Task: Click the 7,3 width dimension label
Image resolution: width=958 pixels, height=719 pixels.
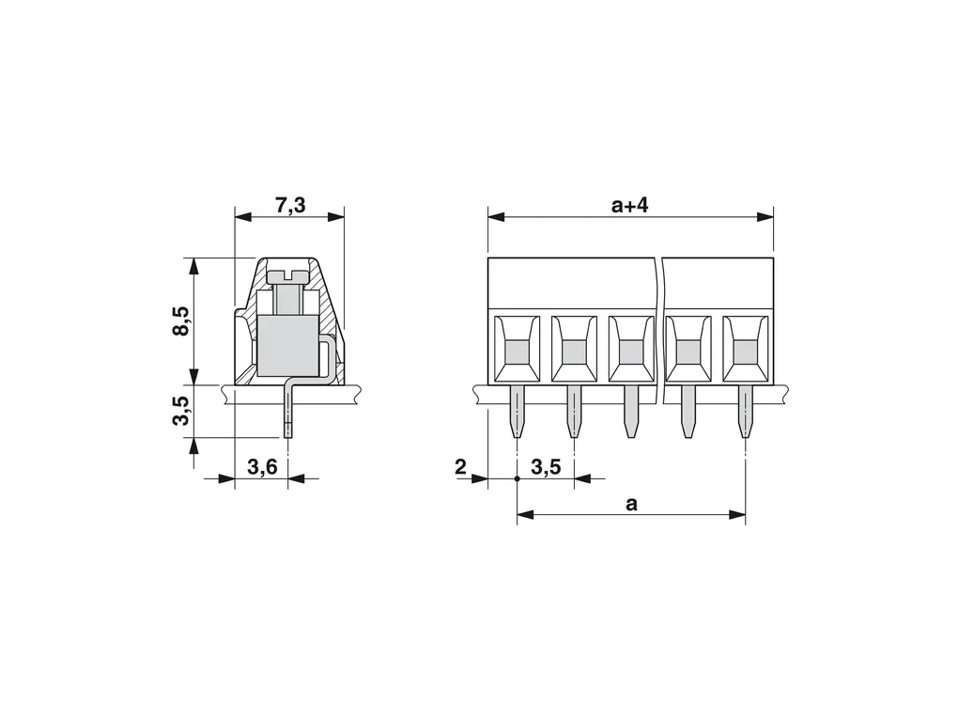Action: coord(290,206)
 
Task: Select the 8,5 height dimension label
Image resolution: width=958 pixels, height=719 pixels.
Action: coord(182,320)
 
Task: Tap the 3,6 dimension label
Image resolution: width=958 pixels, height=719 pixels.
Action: coord(262,468)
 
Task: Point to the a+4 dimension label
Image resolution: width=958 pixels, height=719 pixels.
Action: coord(630,206)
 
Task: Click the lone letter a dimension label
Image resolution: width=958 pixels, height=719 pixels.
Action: coord(631,505)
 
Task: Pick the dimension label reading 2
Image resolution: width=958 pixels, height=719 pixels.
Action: coord(460,467)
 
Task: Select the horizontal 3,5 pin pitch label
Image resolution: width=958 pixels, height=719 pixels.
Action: coord(546,468)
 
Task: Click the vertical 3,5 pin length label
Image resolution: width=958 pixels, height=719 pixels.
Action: coord(182,410)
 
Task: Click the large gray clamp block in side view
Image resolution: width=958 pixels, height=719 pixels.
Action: coord(287,345)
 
